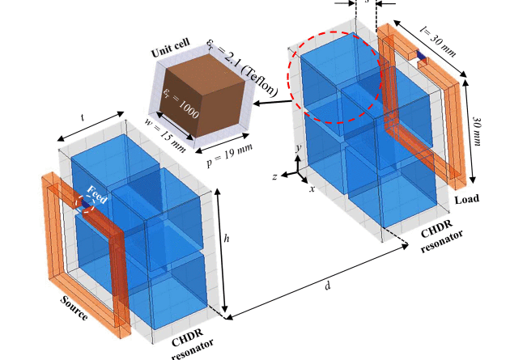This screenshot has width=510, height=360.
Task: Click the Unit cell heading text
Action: pos(172,51)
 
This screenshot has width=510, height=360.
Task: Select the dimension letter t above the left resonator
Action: pos(83,116)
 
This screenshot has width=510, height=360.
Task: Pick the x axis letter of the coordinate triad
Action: pos(312,188)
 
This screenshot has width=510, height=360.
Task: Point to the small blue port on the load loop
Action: pos(423,56)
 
